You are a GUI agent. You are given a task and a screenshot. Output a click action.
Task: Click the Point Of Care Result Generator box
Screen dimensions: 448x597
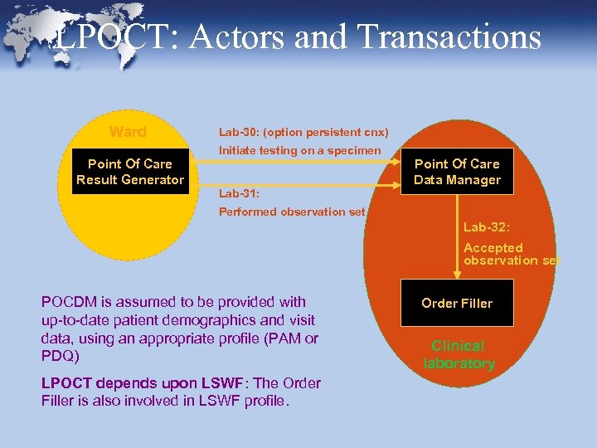tap(130, 172)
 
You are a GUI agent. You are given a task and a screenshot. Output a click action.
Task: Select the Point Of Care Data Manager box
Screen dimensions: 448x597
tap(457, 172)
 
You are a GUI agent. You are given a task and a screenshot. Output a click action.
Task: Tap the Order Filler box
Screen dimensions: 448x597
tap(457, 303)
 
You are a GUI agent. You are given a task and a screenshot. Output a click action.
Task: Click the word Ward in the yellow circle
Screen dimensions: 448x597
tap(128, 132)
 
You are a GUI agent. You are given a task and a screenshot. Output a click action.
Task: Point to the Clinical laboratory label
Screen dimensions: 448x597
tap(459, 354)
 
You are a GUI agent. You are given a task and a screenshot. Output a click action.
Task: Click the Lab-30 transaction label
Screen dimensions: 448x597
tap(303, 132)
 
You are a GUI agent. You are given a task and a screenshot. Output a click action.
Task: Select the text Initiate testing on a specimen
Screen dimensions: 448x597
tap(299, 150)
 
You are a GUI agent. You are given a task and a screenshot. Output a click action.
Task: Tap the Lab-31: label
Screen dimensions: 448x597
tap(239, 193)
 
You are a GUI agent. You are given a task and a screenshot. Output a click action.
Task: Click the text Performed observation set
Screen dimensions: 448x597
tap(291, 212)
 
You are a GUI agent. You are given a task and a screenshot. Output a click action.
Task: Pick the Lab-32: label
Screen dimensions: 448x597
tap(488, 226)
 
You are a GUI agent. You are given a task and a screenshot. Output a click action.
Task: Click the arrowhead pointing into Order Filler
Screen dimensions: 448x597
tap(457, 273)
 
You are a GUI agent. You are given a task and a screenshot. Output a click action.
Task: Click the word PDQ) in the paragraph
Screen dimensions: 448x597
tap(58, 354)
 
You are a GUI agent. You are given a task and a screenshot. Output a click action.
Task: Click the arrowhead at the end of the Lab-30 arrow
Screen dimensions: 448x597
tap(396, 164)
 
